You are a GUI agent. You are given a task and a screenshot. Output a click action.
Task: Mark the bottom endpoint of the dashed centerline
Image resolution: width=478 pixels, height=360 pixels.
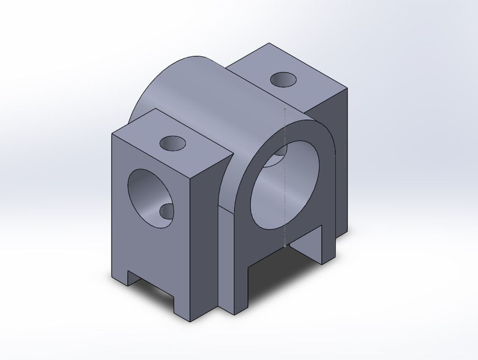click(286, 246)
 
